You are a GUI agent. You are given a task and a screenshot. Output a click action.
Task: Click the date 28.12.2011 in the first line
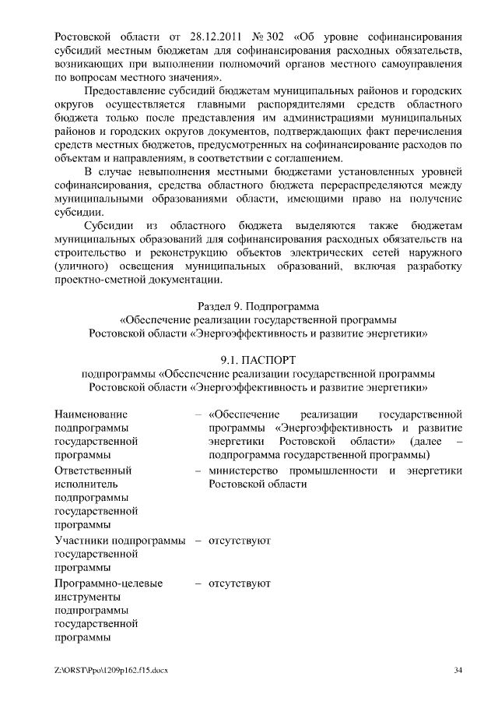[212, 37]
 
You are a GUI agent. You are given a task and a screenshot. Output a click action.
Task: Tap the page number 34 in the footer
[458, 671]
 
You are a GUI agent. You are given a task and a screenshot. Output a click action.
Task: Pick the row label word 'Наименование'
[91, 414]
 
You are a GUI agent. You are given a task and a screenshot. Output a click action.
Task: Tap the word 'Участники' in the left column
[82, 540]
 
